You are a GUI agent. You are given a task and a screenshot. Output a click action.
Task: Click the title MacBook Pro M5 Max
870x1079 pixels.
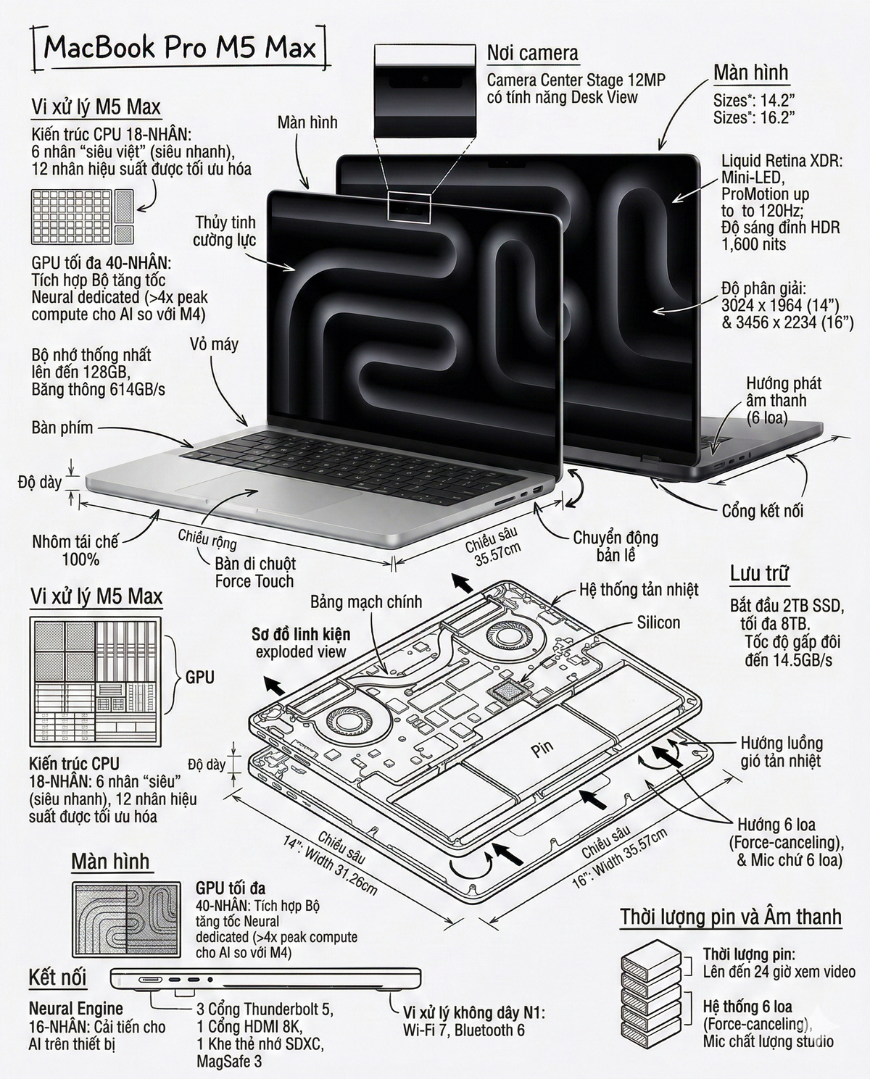pyautogui.click(x=180, y=49)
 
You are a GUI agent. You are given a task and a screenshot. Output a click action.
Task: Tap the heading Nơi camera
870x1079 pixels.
pyautogui.click(x=532, y=53)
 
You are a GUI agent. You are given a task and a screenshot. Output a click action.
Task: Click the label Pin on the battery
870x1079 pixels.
pyautogui.click(x=542, y=749)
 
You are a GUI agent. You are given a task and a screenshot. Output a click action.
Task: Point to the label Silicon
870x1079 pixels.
pyautogui.click(x=658, y=622)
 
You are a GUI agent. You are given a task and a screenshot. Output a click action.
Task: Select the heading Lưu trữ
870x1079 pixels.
pyautogui.click(x=760, y=573)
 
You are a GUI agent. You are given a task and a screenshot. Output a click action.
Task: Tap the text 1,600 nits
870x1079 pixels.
pyautogui.click(x=753, y=244)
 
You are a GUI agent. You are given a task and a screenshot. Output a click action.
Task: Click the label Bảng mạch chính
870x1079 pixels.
pyautogui.click(x=365, y=601)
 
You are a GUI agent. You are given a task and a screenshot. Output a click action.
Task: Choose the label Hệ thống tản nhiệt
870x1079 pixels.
pyautogui.click(x=639, y=589)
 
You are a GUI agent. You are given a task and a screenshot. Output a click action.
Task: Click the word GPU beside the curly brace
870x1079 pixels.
pyautogui.click(x=199, y=678)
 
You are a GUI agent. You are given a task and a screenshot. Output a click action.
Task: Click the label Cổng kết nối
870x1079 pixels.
pyautogui.click(x=762, y=511)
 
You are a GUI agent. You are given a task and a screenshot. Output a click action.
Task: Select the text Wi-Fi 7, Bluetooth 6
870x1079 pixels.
pyautogui.click(x=463, y=1030)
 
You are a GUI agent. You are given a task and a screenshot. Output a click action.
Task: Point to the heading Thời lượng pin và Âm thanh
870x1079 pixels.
pyautogui.click(x=731, y=916)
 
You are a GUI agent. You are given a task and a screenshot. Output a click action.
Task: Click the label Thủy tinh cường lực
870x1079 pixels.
pyautogui.click(x=224, y=230)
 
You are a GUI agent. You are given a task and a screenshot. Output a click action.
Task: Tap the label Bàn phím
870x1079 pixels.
pyautogui.click(x=62, y=428)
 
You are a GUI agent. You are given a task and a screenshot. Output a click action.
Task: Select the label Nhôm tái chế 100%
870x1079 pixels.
pyautogui.click(x=75, y=550)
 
